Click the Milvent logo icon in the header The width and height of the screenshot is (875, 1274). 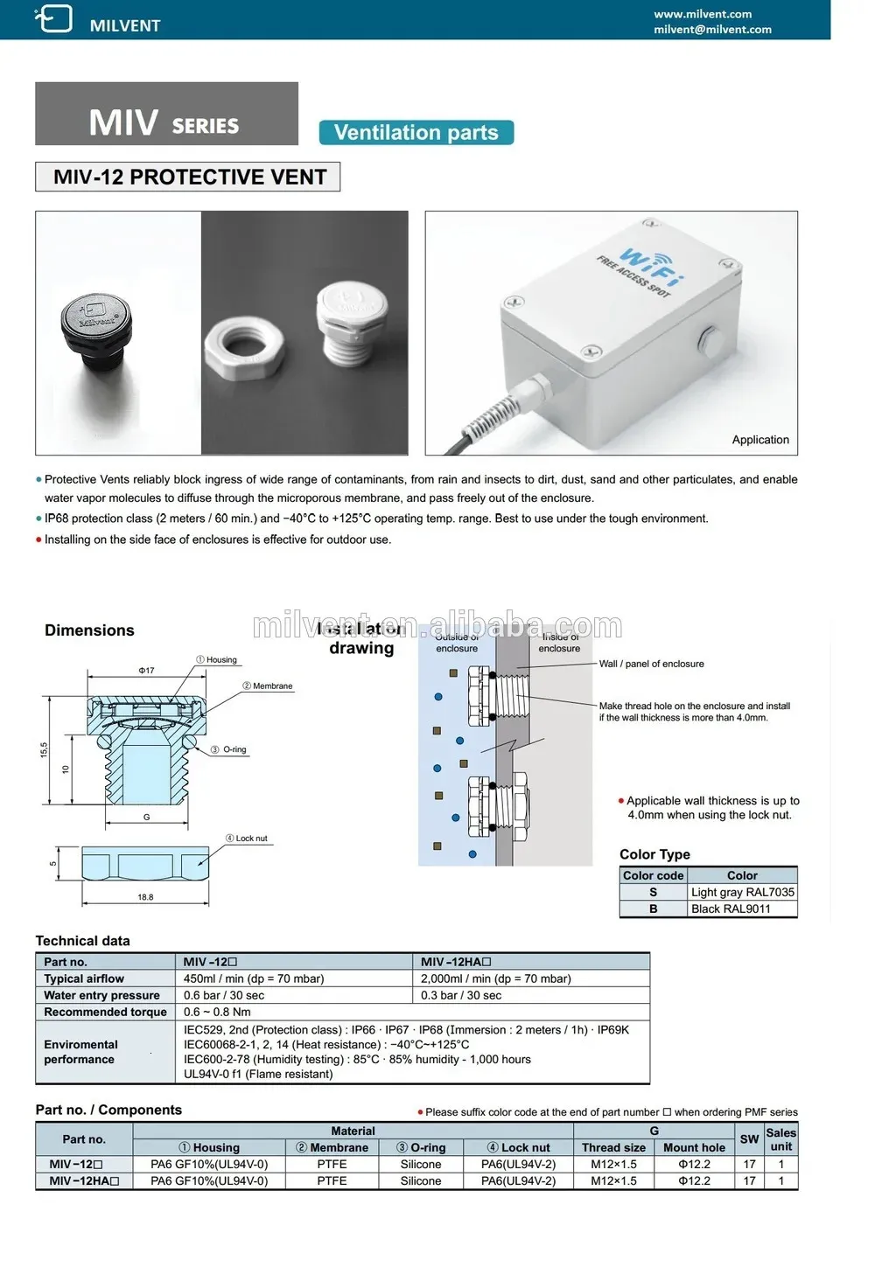coord(53,18)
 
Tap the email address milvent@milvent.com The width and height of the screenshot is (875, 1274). coord(712,30)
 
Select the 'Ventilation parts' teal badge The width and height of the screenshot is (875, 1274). coord(416,133)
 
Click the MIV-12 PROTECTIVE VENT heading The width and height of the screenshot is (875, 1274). coord(189,178)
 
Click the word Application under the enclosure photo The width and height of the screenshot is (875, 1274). coord(759,440)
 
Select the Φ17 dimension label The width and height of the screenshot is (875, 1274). coord(146,671)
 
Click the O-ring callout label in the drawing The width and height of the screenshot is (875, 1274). coord(234,749)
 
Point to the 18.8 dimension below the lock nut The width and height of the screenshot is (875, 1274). coord(145,897)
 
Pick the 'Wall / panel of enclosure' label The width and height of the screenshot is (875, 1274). coord(651,664)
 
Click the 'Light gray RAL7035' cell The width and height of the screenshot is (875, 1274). coord(742,892)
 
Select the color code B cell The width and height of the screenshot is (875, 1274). coord(653,909)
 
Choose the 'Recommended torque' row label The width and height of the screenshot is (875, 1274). coord(105,1012)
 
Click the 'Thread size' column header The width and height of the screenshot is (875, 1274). coord(613,1147)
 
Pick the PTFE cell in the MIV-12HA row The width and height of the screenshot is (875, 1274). coord(332,1180)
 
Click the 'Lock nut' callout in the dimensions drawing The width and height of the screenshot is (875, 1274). coord(251,839)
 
